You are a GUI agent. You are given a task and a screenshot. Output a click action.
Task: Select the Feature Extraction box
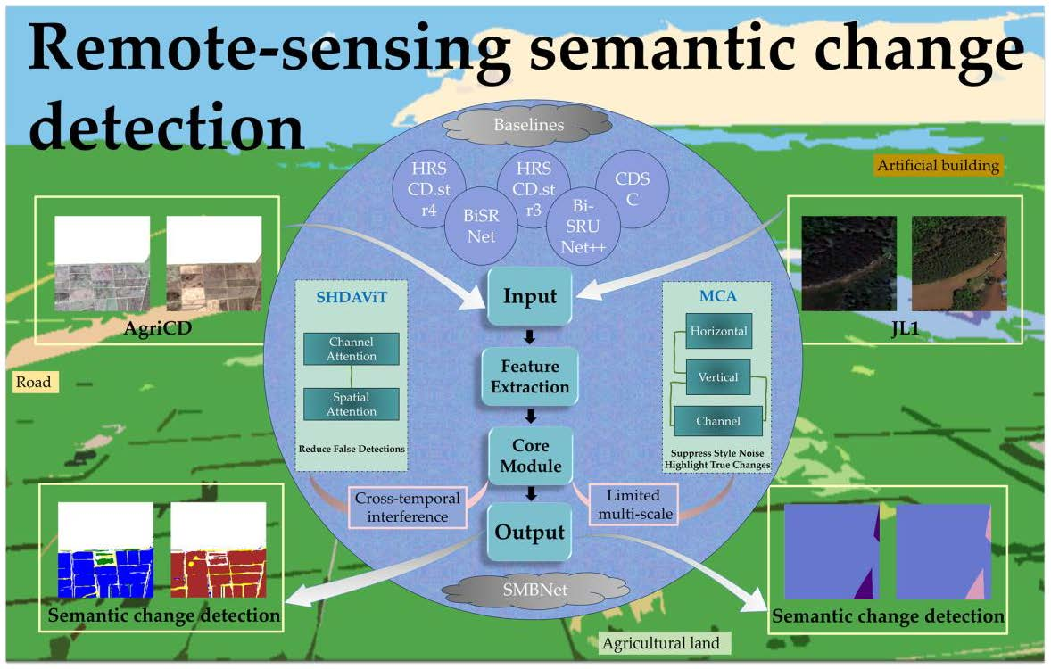click(x=529, y=376)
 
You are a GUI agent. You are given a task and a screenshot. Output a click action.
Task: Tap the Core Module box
click(x=529, y=455)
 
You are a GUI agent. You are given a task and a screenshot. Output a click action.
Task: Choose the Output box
click(x=529, y=533)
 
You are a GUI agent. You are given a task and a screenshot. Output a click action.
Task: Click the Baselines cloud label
click(x=529, y=125)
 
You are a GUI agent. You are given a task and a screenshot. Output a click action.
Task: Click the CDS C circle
click(x=633, y=189)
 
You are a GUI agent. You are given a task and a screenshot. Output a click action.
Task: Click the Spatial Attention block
click(x=352, y=404)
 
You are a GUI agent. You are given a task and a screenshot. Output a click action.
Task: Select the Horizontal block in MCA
click(x=718, y=331)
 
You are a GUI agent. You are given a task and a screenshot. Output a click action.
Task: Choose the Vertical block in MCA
click(x=718, y=376)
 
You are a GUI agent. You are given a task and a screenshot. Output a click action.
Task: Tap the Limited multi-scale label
click(x=634, y=504)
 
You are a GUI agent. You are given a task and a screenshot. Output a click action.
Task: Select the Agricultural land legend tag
click(x=665, y=643)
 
